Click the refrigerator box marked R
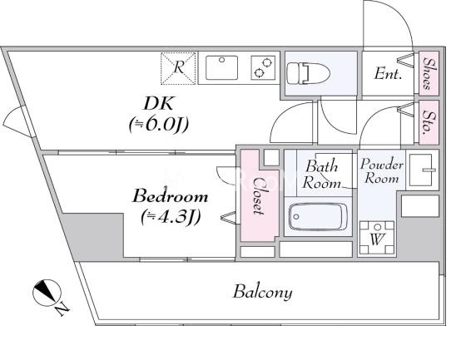coord(178,68)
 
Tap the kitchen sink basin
coord(221,67)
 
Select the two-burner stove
coord(263,67)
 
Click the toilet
coord(308,72)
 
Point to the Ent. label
coord(388,73)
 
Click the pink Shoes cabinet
coord(429,73)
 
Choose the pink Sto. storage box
coord(429,122)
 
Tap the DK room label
coord(158,104)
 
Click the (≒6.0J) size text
coord(159,125)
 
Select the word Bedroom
coord(170,196)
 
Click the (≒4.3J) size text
coord(171,217)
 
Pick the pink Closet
coord(260,195)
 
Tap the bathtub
coord(317,217)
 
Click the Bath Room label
coord(321,175)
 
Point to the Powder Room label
coord(382,170)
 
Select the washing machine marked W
coord(376,238)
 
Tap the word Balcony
coord(262,293)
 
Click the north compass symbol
coord(47,293)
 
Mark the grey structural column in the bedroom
coord(93,236)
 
